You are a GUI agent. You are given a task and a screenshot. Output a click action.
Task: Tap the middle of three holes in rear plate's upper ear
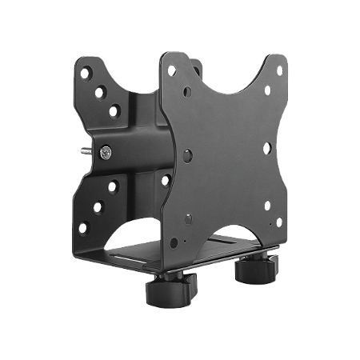[x=102, y=90]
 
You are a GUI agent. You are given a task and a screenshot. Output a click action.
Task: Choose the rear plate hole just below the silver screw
[x=112, y=186]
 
